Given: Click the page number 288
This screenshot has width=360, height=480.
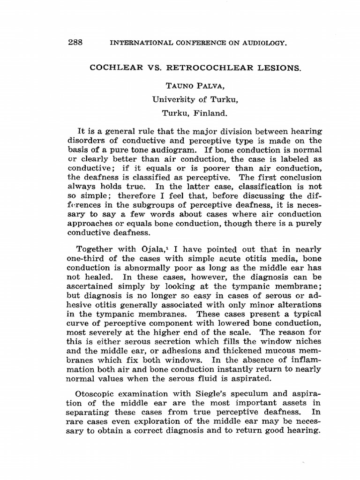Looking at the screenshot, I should pos(75,42).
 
